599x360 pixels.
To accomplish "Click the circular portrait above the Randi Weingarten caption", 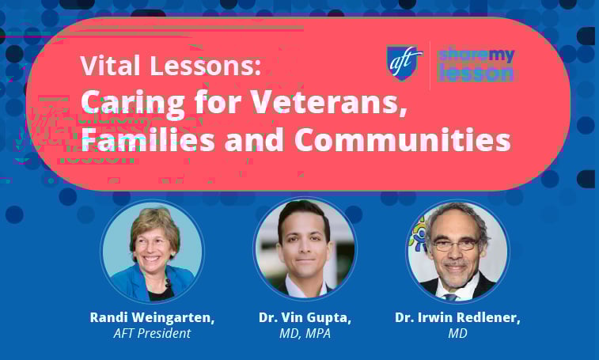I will point(152,252).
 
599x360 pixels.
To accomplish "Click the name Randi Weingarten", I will point(152,317).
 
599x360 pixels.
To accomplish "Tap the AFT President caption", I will point(152,333).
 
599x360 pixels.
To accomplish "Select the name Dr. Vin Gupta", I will point(305,317).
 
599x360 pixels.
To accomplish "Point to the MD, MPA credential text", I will point(305,333).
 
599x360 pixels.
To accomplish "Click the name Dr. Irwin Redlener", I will point(457,317).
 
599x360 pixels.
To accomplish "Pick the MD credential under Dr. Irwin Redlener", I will point(457,333).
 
